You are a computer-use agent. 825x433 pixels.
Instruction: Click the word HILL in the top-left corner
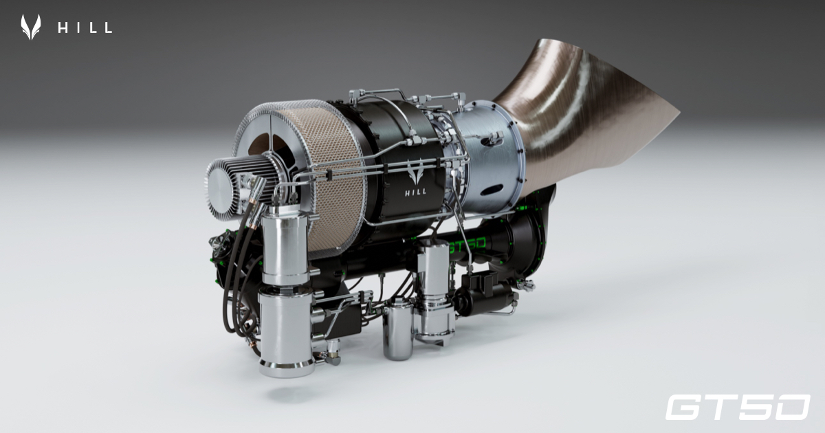click(x=85, y=27)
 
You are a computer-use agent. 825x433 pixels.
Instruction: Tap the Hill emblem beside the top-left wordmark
click(x=30, y=27)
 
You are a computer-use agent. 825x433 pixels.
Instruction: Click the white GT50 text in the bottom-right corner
click(x=737, y=407)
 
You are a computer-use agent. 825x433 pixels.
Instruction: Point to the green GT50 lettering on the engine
click(x=467, y=243)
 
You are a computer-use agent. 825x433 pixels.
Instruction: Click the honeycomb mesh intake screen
click(x=337, y=186)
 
